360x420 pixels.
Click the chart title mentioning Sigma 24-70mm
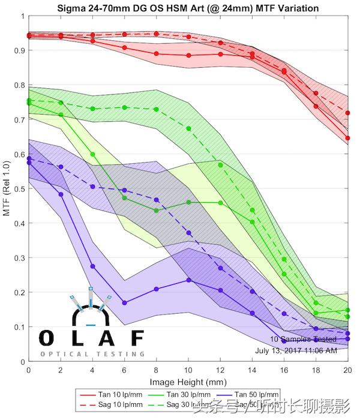(x=188, y=8)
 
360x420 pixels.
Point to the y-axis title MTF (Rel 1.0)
(x=7, y=188)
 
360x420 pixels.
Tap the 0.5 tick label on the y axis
(x=17, y=189)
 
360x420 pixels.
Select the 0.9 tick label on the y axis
(x=17, y=50)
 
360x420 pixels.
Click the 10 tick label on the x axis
(x=188, y=370)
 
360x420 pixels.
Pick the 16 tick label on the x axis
(x=284, y=370)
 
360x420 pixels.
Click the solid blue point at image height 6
(x=124, y=303)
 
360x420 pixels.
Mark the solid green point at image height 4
(x=92, y=154)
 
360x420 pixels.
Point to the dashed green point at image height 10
(x=188, y=128)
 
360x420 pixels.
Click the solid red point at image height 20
(x=348, y=138)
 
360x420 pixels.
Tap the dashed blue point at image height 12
(x=220, y=268)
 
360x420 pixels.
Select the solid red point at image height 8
(x=157, y=54)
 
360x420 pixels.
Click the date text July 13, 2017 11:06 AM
(x=296, y=350)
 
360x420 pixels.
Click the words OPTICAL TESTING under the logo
(x=92, y=354)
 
